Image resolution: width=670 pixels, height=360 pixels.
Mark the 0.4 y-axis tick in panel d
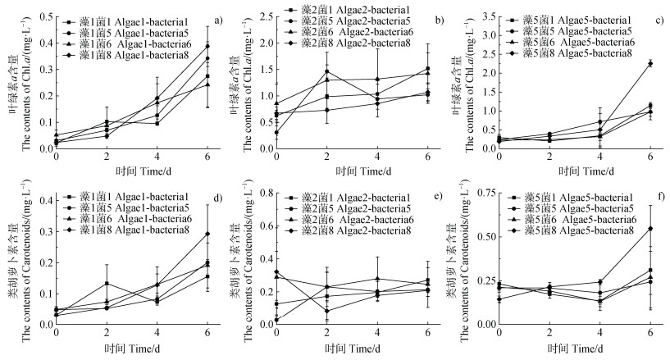41,199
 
